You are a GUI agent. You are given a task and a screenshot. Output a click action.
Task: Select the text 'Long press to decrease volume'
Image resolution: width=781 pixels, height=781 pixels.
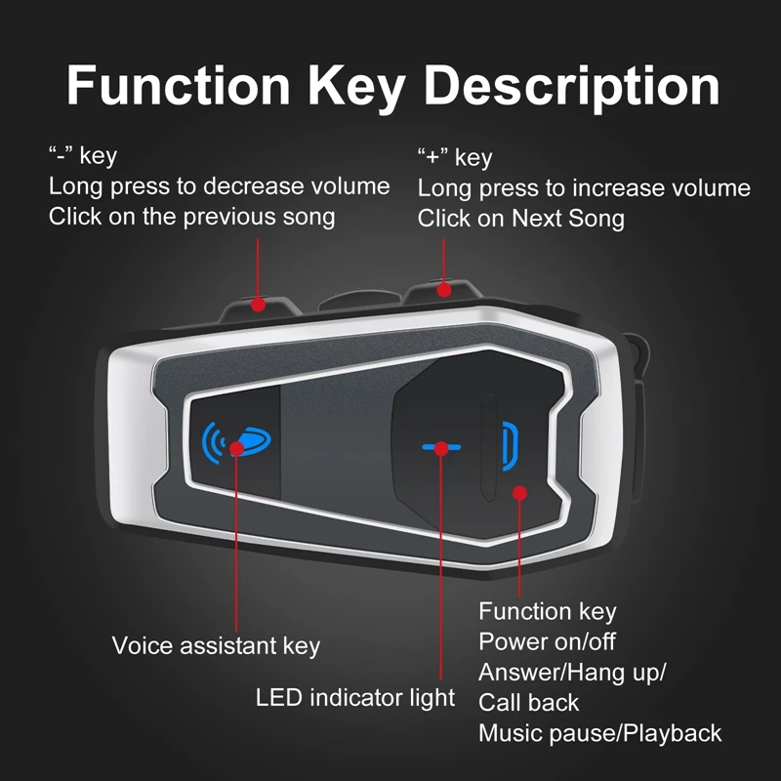(x=219, y=185)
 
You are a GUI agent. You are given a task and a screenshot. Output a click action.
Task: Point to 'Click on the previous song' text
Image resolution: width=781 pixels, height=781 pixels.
(x=191, y=216)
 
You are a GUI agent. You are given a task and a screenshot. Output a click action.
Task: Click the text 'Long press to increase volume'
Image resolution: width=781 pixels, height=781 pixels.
(x=584, y=187)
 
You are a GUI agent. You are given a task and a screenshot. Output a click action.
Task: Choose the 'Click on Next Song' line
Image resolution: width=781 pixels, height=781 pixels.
(x=520, y=218)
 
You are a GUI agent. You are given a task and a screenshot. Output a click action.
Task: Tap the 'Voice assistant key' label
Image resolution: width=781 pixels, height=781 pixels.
(x=216, y=645)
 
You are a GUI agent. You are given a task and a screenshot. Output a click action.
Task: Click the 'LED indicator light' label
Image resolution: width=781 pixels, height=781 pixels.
(x=355, y=697)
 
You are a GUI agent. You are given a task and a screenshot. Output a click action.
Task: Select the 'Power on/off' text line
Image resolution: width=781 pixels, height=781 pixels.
(x=547, y=641)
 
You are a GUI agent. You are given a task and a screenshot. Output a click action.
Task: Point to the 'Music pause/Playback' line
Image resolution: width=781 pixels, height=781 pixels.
(x=599, y=732)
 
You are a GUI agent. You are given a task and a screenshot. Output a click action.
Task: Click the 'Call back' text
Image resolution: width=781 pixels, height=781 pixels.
(x=528, y=702)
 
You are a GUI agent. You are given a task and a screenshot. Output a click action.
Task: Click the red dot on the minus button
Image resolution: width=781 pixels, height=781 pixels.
(x=258, y=304)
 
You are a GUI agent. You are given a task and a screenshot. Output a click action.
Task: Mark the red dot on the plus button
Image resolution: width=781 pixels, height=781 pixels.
(x=444, y=290)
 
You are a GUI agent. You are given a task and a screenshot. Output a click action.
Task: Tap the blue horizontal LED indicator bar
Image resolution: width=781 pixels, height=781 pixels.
(x=440, y=448)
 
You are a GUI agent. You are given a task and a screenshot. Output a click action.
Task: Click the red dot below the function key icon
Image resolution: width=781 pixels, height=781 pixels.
(x=519, y=493)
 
